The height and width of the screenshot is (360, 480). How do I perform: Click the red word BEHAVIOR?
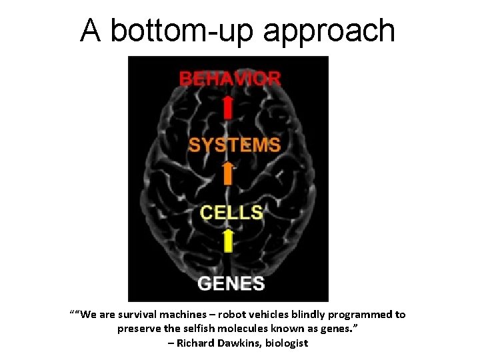[x=230, y=79]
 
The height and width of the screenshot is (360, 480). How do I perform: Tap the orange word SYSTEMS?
[x=234, y=145]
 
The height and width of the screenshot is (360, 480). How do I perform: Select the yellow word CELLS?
[x=232, y=213]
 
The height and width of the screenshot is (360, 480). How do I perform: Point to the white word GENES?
[x=231, y=283]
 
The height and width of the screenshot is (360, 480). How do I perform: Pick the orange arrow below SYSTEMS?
[x=228, y=175]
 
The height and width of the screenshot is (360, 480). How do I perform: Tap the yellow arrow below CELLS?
[x=228, y=241]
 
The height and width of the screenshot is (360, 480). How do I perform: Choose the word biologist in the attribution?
[x=284, y=343]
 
